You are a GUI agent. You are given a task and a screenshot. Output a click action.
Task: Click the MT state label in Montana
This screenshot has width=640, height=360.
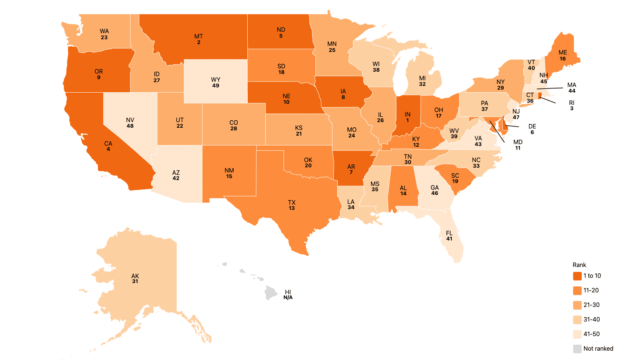(198, 37)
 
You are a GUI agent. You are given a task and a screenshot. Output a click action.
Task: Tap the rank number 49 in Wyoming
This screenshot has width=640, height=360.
(216, 86)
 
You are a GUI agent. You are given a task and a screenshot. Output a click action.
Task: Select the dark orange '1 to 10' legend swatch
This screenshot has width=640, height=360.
(577, 276)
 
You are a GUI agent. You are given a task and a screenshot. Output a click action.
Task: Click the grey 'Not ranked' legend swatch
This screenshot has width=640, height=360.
(577, 349)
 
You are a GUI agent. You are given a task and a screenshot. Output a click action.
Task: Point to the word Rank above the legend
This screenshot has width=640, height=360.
(579, 265)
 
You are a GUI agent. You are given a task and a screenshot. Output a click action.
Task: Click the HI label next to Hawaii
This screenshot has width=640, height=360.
(288, 292)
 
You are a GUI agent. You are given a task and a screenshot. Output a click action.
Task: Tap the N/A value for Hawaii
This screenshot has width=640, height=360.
(288, 298)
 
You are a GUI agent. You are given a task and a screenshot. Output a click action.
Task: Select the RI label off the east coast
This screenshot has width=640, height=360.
(571, 103)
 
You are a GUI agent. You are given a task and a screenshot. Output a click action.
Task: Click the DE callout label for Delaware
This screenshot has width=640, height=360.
(532, 126)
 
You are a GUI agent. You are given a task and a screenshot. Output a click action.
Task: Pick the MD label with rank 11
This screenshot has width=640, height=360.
(517, 142)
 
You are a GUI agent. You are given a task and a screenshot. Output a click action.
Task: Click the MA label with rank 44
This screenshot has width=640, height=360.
(571, 85)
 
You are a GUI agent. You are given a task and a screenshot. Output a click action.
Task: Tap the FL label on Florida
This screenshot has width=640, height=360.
(449, 233)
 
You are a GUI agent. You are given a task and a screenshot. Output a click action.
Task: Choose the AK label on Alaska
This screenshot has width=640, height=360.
(135, 276)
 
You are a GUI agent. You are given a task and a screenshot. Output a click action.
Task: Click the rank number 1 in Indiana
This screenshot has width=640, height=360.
(407, 120)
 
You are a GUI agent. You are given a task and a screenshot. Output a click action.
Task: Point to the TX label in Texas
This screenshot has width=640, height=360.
(291, 202)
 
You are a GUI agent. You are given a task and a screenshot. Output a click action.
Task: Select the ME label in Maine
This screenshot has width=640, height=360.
(562, 53)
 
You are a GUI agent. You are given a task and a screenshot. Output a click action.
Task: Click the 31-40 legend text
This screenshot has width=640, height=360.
(591, 320)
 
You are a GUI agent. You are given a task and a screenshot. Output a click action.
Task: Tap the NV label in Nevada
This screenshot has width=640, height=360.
(130, 120)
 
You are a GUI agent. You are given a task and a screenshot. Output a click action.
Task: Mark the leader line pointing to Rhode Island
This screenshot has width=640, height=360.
(548, 100)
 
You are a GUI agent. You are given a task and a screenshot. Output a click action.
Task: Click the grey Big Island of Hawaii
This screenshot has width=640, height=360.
(271, 292)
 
